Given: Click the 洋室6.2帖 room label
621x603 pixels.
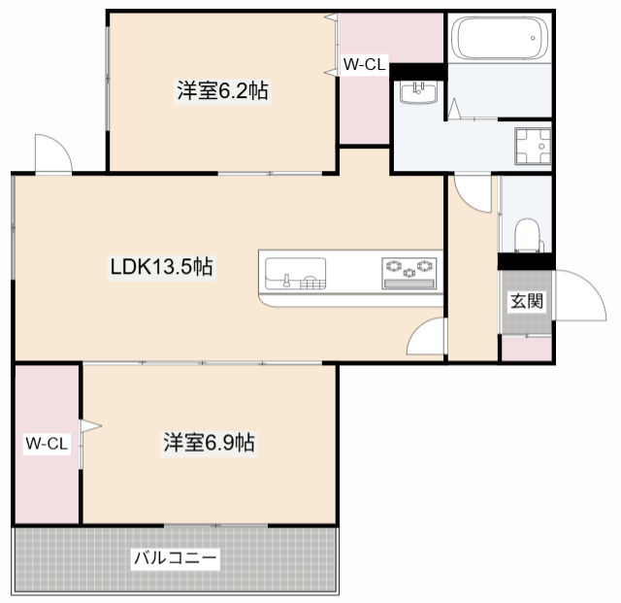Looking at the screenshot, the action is (222, 90).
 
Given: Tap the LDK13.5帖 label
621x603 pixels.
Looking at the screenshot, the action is (162, 266).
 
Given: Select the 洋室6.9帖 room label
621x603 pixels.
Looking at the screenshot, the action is (210, 443).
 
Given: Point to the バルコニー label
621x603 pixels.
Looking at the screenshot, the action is (176, 557).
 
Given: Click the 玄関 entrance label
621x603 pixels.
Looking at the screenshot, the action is (526, 301).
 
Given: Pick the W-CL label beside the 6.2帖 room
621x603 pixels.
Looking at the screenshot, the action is (364, 64).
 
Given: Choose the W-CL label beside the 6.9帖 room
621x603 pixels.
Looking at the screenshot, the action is (47, 443).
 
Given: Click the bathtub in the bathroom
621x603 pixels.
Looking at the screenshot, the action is (500, 39).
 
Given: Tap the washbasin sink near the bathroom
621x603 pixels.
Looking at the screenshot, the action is (418, 92).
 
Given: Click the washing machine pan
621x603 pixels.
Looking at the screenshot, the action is (533, 146).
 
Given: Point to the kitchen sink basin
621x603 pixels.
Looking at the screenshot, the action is (295, 274).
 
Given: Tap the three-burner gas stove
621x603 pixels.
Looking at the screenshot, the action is (409, 273).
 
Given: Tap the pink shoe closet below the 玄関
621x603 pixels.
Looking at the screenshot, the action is (526, 349).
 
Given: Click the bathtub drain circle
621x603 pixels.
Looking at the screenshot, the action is (533, 39).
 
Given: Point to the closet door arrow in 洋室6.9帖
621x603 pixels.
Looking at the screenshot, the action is (90, 426).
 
